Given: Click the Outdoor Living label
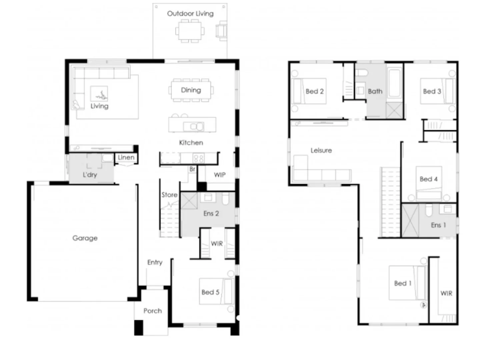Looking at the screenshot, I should point(190,14).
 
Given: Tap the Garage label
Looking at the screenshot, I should point(85,238).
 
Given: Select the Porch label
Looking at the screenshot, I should point(152,311).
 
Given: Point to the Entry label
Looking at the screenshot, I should point(155,262).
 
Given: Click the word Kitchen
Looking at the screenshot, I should point(191,143).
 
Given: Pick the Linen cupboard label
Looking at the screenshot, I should point(126,157).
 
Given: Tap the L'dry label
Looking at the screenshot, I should point(90,175).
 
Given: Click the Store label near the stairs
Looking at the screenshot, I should point(169,195).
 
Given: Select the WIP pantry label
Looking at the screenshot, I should point(219,175).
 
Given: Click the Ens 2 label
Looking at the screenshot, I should point(211,213).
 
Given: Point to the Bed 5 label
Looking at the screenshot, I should point(210,292).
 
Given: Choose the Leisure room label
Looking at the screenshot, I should point(321,150).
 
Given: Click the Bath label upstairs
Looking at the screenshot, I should point(375,91).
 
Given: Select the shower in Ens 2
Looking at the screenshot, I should point(189,201).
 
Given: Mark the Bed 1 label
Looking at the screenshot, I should point(403,283).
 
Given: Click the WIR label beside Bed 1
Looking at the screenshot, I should point(446,293).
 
